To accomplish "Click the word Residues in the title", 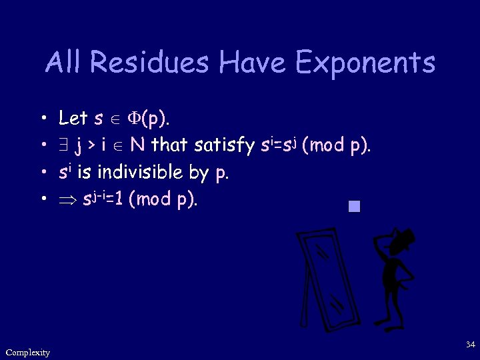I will [x=151, y=63].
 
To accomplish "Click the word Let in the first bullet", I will [x=73, y=119].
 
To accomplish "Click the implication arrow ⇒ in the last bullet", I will [x=67, y=199].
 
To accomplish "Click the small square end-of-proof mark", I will [x=353, y=206].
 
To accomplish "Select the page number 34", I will [x=470, y=345].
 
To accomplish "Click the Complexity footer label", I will [x=27, y=352].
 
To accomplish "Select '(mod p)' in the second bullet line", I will [x=335, y=145].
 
